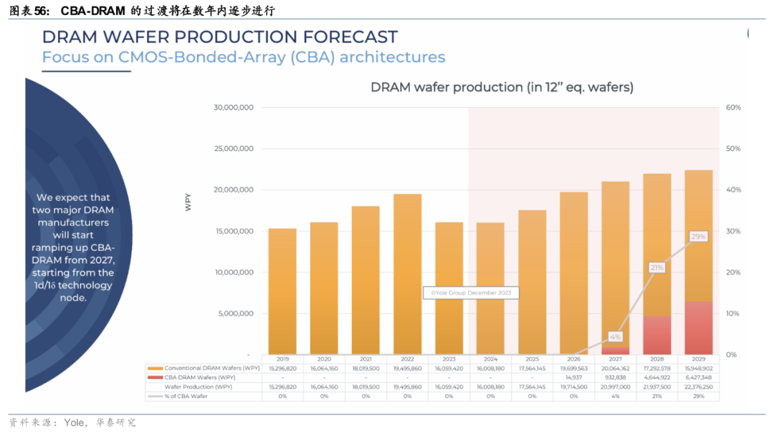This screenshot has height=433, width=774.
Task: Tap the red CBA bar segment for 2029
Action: tap(698, 328)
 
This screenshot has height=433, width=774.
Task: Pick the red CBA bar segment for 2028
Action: tap(656, 335)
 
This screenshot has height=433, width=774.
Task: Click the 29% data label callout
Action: tap(698, 236)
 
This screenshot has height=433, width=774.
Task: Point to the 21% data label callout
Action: tap(657, 267)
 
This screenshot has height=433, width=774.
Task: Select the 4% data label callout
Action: tap(616, 336)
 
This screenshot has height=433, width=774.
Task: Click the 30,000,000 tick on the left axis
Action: tap(234, 107)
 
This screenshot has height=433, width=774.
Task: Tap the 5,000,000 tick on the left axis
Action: tap(236, 313)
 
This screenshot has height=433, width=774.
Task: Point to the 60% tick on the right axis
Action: tap(733, 107)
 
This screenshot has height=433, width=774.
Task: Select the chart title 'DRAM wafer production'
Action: tap(502, 87)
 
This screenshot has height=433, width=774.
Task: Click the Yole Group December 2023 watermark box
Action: tap(471, 293)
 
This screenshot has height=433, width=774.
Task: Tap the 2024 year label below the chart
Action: tap(490, 359)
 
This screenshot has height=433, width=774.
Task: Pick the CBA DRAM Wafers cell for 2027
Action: tap(615, 377)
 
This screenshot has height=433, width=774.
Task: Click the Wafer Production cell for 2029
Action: tap(698, 386)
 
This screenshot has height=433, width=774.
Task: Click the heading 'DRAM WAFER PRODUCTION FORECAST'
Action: tap(219, 37)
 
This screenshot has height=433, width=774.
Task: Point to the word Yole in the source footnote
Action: tap(75, 422)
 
